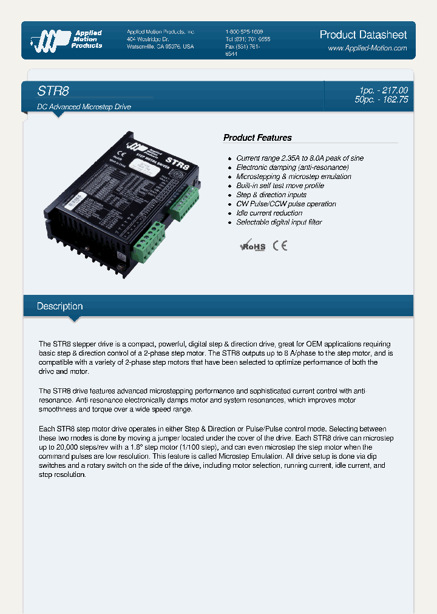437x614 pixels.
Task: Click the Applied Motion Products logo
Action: pos(67,39)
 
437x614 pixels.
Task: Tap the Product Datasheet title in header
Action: pos(363,35)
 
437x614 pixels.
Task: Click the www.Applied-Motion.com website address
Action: pos(367,48)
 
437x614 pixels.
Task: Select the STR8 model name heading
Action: pos(53,91)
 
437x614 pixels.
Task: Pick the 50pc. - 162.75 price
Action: pos(381,100)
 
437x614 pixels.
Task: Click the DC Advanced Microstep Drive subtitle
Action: pos(84,107)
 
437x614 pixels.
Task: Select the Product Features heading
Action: pos(257,138)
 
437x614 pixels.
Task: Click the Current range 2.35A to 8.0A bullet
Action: pos(300,158)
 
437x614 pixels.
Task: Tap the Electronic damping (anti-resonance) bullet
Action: pos(293,167)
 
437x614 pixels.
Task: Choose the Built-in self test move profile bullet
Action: pos(280,186)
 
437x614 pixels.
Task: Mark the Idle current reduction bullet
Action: pos(269,213)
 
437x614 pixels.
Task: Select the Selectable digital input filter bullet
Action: pos(279,222)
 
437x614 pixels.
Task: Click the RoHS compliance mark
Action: pos(252,246)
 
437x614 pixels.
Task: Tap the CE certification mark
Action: pos(279,245)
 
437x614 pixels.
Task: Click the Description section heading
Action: pos(59,306)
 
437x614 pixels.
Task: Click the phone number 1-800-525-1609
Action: pos(244,32)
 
